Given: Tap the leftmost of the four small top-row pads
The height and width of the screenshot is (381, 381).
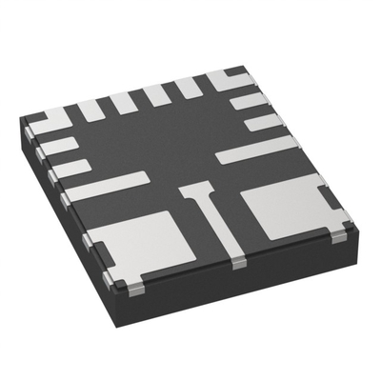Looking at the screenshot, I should [91, 110].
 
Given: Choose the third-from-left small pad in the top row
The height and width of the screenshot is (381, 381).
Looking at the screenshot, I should [157, 95].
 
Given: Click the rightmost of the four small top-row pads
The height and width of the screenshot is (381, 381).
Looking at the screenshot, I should [189, 88].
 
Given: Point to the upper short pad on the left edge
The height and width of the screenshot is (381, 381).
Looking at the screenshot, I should [59, 146].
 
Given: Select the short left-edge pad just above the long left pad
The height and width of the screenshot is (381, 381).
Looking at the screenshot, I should [71, 168].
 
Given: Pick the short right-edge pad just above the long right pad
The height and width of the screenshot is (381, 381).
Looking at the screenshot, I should [261, 122].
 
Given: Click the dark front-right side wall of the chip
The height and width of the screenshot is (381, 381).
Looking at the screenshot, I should [267, 286].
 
